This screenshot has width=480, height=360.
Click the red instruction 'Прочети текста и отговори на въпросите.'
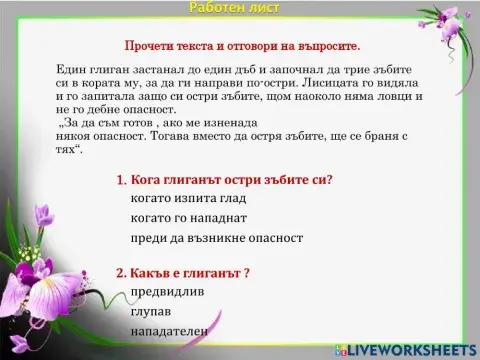click(241, 45)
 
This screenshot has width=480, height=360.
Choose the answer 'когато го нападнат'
click(188, 217)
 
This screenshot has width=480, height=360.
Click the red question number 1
click(121, 180)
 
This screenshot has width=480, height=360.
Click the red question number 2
click(121, 272)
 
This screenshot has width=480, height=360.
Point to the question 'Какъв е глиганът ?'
click(190, 272)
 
